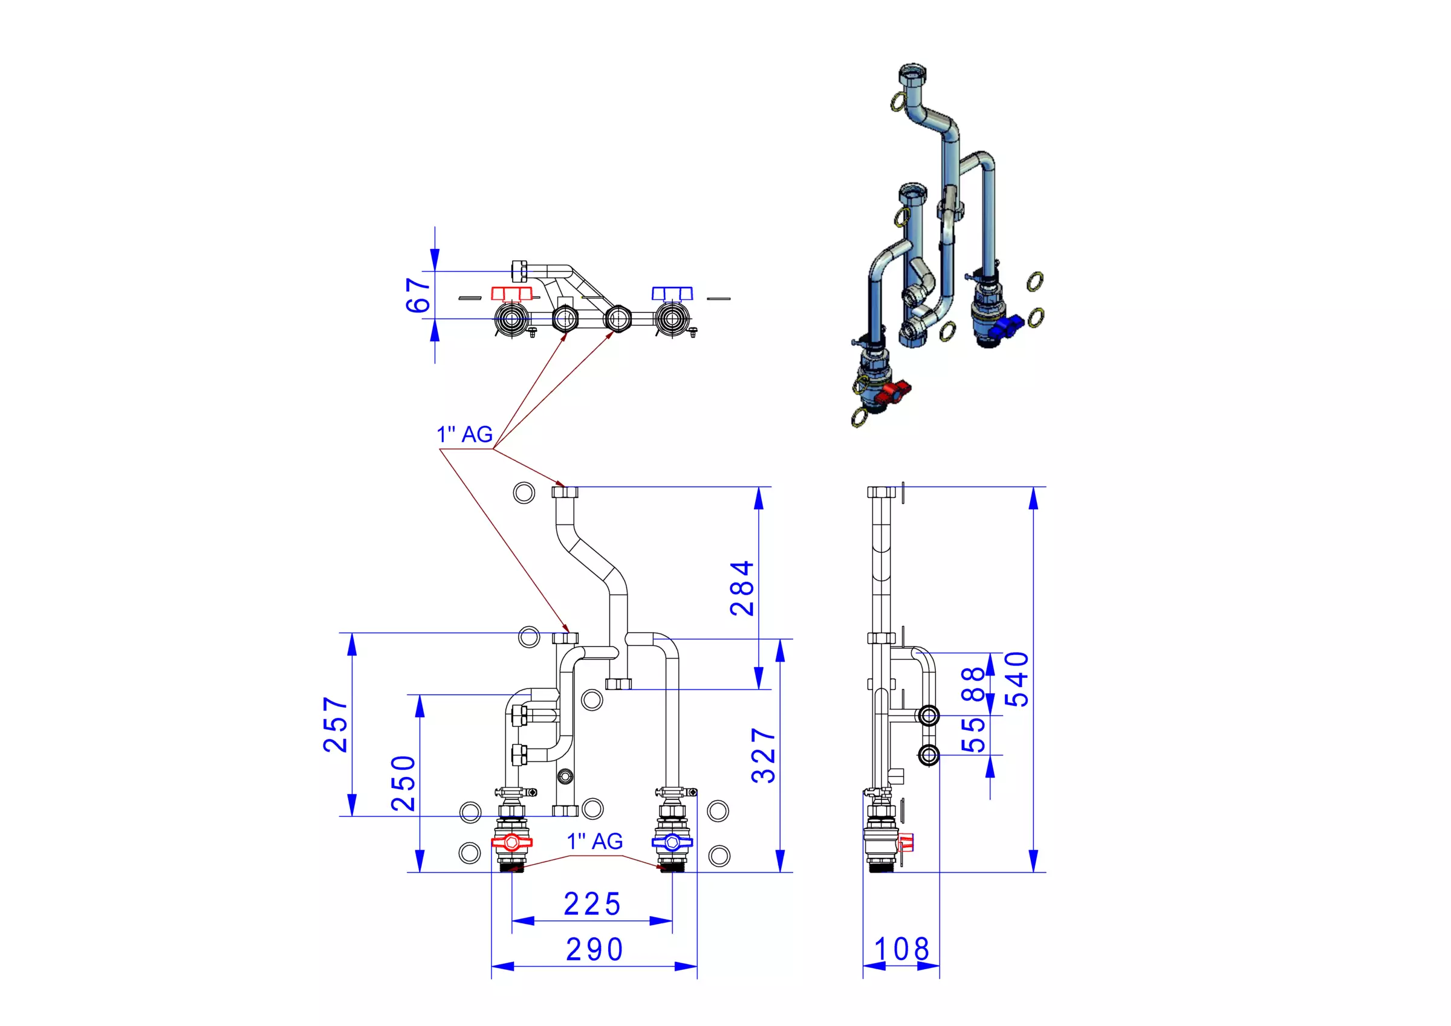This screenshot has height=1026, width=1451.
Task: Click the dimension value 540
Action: (x=1017, y=679)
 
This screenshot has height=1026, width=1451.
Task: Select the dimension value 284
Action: (x=742, y=588)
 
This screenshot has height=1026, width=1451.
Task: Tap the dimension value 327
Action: (x=764, y=755)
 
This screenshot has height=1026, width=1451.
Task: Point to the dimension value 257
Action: (x=336, y=724)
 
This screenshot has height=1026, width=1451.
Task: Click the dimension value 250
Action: (x=403, y=784)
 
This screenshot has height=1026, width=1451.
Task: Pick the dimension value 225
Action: (x=592, y=904)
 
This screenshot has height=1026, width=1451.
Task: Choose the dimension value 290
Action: (x=595, y=949)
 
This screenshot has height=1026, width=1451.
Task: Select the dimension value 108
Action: (x=902, y=949)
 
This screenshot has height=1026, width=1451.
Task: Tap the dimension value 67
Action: (x=418, y=295)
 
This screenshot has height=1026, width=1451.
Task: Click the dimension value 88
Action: (x=973, y=684)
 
